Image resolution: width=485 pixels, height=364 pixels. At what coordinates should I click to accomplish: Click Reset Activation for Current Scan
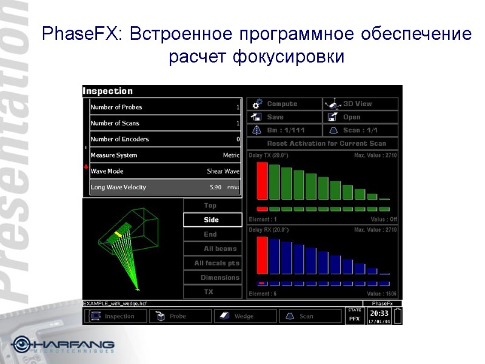[x=323, y=144]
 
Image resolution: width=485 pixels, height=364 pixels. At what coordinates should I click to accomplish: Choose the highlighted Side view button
[x=212, y=220]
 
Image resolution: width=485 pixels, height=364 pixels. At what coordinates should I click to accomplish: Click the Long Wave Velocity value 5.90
[x=215, y=187]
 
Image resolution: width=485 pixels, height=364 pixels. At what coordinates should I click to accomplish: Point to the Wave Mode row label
[x=107, y=171]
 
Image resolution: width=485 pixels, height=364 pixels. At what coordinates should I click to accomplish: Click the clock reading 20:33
[x=379, y=314]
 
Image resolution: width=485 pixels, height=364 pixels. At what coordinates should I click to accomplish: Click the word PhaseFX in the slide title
[x=81, y=35]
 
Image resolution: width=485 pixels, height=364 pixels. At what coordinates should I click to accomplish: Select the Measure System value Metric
[x=231, y=155]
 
